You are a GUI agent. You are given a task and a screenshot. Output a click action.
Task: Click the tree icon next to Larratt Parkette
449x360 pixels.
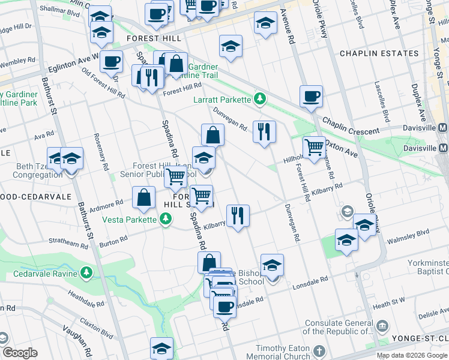pos(260,98)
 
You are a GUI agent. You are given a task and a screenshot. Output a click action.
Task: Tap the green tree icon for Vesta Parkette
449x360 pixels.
pos(165,219)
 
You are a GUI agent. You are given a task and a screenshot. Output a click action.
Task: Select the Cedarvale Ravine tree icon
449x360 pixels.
pos(88,274)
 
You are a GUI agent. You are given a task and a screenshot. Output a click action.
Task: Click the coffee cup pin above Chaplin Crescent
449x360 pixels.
pos(311,96)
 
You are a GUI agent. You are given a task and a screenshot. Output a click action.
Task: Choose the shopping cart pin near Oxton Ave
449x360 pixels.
pos(314,148)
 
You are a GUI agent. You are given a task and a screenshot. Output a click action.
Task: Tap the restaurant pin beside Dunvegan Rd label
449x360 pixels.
pos(264,131)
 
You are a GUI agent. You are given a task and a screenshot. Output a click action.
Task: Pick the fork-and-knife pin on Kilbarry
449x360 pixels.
pos(238,215)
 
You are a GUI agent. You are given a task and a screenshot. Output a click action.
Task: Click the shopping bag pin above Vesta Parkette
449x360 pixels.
pos(144,197)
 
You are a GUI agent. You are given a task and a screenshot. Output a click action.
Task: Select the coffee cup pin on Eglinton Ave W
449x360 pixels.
pos(111,61)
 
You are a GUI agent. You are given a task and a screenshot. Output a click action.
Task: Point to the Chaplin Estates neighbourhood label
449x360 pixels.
pos(379,53)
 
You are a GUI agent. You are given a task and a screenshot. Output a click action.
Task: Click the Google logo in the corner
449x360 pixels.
pos(20,353)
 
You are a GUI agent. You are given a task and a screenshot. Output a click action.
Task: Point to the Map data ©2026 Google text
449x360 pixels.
pos(411,355)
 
